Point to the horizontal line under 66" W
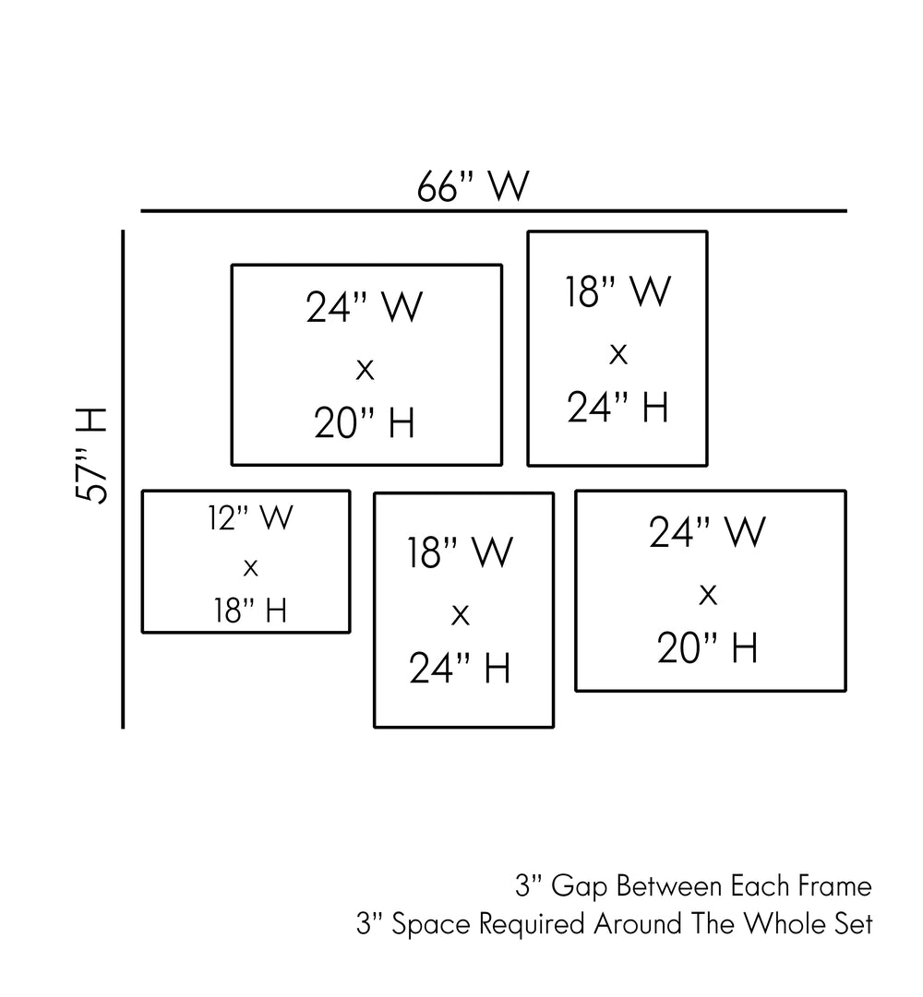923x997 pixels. click(x=493, y=211)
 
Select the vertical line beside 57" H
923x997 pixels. click(x=123, y=479)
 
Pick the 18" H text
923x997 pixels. click(x=250, y=611)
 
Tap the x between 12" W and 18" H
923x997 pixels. click(x=250, y=568)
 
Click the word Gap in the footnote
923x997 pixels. click(x=580, y=887)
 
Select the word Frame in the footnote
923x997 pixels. click(x=832, y=887)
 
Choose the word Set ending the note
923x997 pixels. click(x=854, y=924)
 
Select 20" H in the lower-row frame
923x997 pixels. click(x=708, y=649)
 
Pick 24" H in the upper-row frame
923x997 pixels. click(x=617, y=406)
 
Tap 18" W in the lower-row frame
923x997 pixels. click(x=460, y=553)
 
